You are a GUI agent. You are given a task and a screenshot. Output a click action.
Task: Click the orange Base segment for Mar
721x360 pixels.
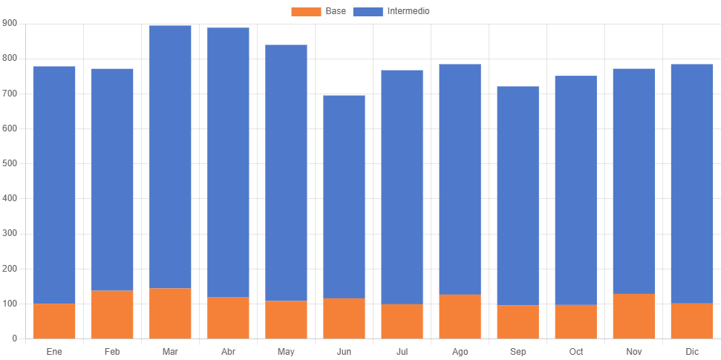170,313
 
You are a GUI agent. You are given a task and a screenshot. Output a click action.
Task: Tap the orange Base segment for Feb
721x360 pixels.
112,314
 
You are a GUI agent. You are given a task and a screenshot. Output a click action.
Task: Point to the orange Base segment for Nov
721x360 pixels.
633,316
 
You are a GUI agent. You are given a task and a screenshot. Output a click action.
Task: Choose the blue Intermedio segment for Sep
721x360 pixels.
518,195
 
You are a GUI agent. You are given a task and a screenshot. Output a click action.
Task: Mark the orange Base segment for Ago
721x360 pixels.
460,316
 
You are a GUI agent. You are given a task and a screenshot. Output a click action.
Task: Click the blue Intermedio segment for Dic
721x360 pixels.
691,183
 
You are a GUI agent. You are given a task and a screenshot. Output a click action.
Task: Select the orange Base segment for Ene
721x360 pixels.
54,321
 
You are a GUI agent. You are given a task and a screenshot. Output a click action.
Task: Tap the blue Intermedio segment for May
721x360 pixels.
286,172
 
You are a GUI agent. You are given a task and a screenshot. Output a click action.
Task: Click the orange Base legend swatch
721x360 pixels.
306,11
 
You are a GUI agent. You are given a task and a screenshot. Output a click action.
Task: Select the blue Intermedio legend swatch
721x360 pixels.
368,11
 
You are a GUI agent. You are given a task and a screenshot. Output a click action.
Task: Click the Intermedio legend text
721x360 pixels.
408,11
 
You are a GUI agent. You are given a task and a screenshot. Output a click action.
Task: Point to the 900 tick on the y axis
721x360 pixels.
10,23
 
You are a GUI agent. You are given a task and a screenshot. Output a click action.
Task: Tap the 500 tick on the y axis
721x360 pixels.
10,163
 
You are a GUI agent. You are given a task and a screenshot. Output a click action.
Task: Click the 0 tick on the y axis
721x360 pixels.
14,338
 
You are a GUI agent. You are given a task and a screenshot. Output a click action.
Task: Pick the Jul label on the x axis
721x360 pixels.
402,350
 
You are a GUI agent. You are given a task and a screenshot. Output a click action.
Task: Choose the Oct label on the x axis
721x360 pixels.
575,350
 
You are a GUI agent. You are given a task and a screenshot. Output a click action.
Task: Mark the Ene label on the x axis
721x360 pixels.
54,350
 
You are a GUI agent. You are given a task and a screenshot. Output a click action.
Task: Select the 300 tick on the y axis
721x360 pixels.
10,233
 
